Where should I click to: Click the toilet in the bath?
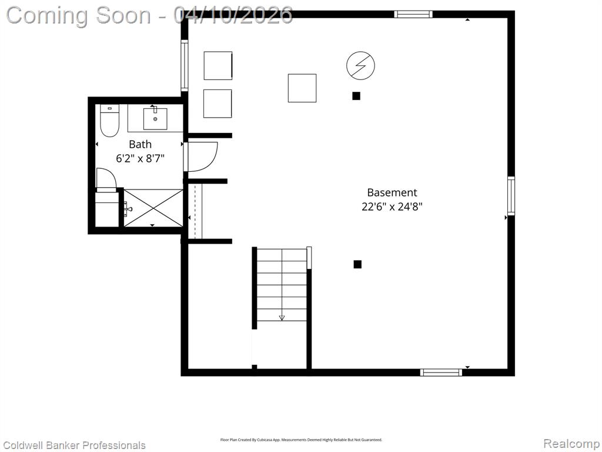click(109, 120)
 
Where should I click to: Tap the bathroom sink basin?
click(155, 118)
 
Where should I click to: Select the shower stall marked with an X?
click(153, 208)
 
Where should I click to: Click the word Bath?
click(140, 144)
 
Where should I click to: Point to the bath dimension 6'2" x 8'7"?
click(140, 158)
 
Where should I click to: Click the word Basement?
click(392, 192)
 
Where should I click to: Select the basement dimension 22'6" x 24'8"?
click(392, 207)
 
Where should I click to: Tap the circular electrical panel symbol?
click(360, 65)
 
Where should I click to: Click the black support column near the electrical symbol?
click(356, 96)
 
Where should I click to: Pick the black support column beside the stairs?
click(357, 264)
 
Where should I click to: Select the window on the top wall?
click(413, 15)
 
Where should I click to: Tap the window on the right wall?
click(511, 195)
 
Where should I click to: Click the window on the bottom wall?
click(441, 372)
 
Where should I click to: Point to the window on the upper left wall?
click(184, 66)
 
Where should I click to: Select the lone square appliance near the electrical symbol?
click(302, 88)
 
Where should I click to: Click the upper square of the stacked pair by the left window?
click(218, 66)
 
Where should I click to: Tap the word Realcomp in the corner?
click(571, 444)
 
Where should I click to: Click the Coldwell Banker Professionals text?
click(74, 446)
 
